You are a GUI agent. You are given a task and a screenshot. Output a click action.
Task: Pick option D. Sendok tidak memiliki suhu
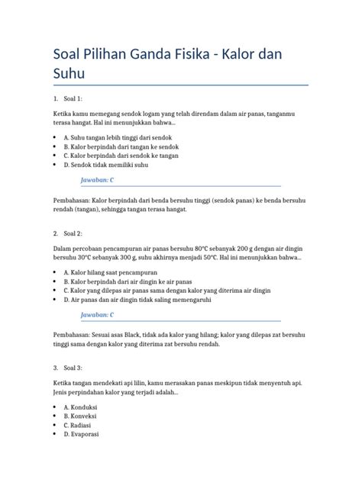(x=105, y=164)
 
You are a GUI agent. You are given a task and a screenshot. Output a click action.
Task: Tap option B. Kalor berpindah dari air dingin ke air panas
(x=124, y=281)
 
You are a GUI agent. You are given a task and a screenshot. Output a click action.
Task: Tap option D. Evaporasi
(x=86, y=434)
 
